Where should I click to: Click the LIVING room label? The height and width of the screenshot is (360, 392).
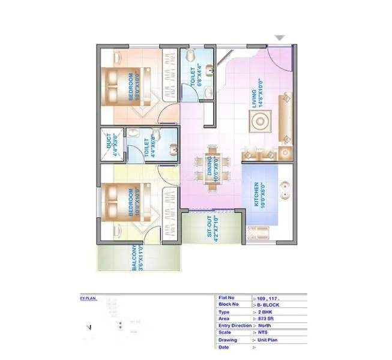(x=256, y=96)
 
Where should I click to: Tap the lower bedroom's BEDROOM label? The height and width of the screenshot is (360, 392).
(x=130, y=203)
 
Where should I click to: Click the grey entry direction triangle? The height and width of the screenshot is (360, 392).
(x=280, y=38)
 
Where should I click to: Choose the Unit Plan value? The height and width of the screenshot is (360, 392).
(x=268, y=339)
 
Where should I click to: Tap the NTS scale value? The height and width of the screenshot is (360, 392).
(x=263, y=332)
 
